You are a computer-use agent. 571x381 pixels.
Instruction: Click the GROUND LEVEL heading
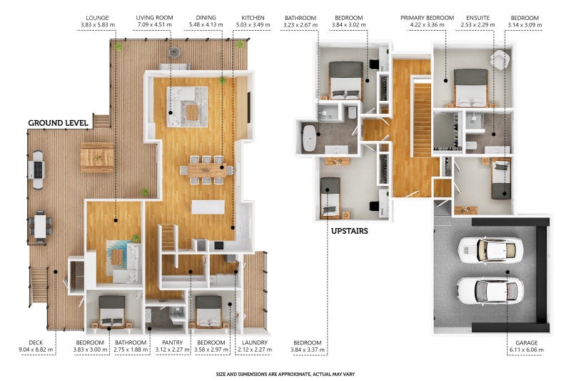point(58,123)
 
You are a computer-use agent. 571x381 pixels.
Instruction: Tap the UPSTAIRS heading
point(349,231)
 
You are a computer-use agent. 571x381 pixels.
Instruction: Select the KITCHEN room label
point(253,17)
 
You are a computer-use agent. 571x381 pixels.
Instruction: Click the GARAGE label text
point(526,342)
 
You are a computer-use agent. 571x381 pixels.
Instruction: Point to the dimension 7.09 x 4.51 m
point(154,25)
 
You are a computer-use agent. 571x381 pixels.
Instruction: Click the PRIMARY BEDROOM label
point(427,17)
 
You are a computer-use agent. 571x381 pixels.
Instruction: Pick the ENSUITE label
point(477,17)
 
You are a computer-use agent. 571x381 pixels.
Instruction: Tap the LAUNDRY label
point(255,342)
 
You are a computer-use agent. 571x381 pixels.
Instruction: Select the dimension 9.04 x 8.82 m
point(36,350)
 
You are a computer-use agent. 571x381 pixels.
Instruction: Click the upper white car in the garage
point(490,250)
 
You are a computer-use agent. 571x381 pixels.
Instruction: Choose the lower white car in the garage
point(490,291)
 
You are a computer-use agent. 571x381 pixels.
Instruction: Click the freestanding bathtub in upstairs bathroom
point(310,138)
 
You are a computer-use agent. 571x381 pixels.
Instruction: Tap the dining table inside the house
point(206,170)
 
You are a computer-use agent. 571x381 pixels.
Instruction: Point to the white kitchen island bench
point(208,207)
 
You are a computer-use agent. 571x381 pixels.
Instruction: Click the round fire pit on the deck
point(174,52)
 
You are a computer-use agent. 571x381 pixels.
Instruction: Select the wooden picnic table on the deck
point(97,157)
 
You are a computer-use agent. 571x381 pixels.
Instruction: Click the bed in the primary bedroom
point(471,88)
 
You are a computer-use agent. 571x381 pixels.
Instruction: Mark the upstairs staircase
point(423,119)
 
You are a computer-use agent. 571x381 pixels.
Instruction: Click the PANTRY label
point(172,342)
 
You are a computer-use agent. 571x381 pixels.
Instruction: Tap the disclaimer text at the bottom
point(285,374)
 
